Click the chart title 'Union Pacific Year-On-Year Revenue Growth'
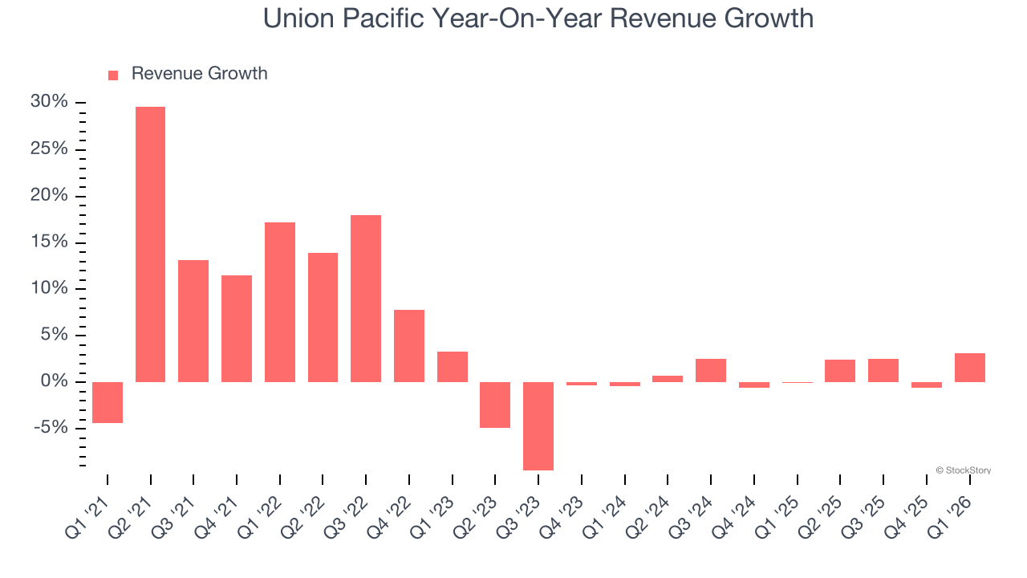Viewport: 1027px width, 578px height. tap(538, 18)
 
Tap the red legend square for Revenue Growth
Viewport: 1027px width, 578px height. tap(113, 75)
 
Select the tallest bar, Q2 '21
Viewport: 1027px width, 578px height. tap(150, 244)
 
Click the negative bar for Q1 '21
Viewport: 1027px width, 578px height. tap(108, 402)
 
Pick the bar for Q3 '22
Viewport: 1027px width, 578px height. tap(366, 299)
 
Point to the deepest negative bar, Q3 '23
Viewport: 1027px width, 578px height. tap(538, 425)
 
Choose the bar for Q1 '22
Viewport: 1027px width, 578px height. tap(280, 302)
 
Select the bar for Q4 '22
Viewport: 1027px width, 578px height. tap(409, 346)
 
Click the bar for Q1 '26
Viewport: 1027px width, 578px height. tap(969, 368)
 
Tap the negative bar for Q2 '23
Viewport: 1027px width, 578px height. tap(495, 405)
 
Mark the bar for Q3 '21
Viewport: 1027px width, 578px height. tap(193, 321)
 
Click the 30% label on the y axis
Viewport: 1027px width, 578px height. tap(49, 102)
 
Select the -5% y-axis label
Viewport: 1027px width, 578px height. tap(51, 428)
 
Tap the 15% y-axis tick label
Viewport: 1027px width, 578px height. tap(49, 242)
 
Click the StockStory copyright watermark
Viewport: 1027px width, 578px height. tap(963, 470)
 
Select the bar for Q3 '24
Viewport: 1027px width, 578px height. tap(711, 370)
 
